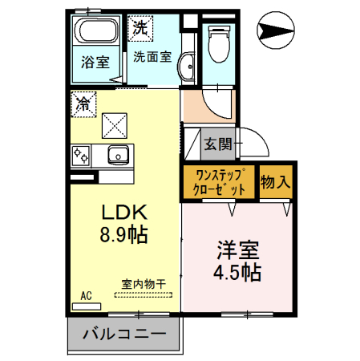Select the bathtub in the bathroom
[96, 34]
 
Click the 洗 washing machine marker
[140, 27]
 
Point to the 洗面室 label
[152, 57]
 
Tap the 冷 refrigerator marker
[83, 103]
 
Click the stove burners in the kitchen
[81, 154]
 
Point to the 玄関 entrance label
[217, 144]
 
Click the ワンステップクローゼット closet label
[219, 181]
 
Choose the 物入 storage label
[275, 182]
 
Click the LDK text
[123, 213]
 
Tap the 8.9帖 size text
[123, 237]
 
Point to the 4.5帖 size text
[235, 272]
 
